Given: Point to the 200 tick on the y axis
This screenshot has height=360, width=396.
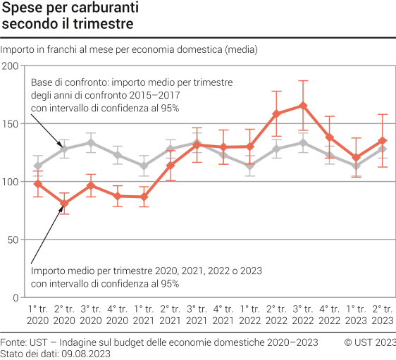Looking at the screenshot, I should (x=11, y=66).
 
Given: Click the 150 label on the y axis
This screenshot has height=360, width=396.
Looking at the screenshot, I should (x=11, y=123).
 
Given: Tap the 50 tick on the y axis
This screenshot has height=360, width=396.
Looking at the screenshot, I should (x=13, y=240).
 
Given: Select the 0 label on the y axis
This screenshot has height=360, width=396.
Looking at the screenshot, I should (x=16, y=297).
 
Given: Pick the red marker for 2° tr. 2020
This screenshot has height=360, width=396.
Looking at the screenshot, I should (x=64, y=204).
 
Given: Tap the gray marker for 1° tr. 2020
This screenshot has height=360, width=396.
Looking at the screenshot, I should (x=38, y=166).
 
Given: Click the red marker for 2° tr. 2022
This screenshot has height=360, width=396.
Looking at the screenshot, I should (x=277, y=113).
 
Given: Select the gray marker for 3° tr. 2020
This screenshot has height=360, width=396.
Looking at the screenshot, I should (x=91, y=143).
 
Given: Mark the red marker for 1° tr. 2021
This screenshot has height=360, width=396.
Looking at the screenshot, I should (x=144, y=197).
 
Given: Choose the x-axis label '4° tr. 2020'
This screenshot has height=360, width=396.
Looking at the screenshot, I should (x=118, y=314).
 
